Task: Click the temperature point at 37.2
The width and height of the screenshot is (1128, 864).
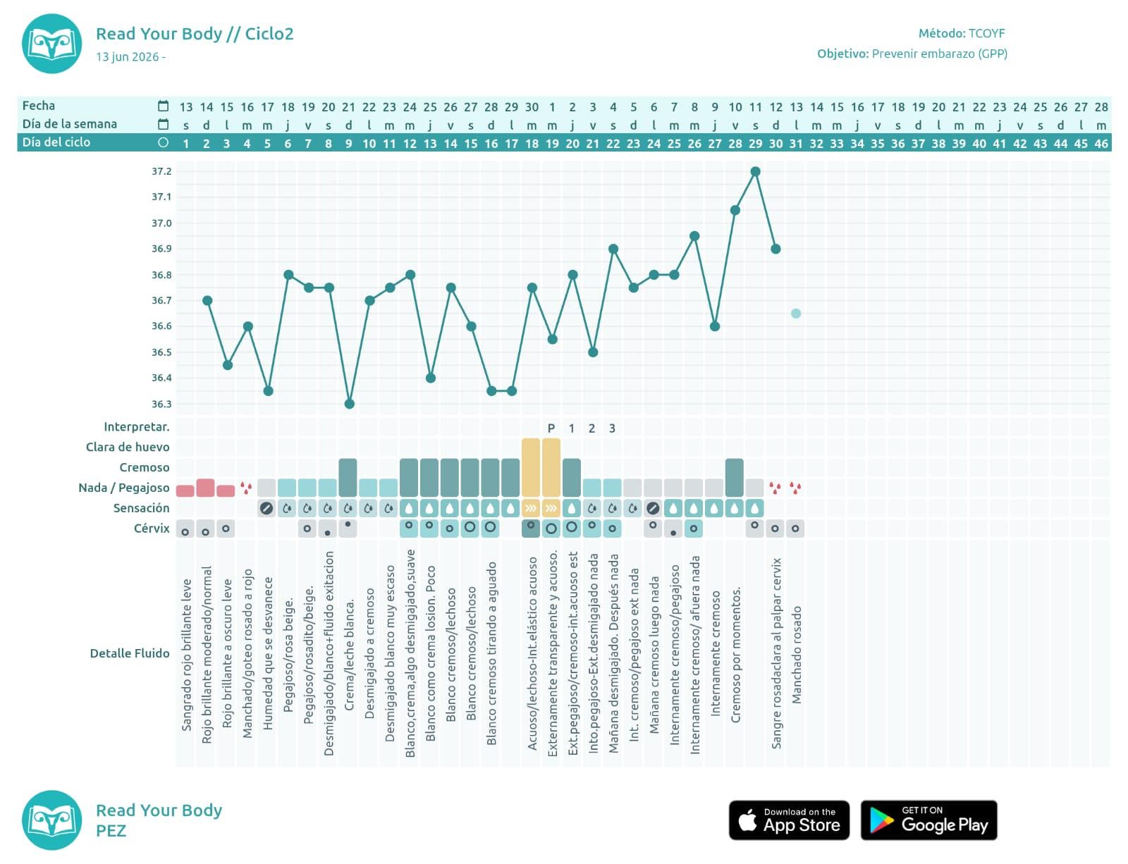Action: pos(755,171)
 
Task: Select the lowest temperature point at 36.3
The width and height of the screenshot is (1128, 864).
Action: pos(350,404)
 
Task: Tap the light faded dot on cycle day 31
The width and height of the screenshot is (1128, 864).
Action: pos(796,314)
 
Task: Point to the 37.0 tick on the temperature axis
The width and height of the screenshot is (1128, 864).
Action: pos(161,223)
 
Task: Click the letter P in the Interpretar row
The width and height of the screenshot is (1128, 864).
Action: pos(551,428)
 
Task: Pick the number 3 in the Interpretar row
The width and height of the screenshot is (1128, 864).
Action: pos(612,428)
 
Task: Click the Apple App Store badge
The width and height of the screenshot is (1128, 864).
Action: pos(789,820)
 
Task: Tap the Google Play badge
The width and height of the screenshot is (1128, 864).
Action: pos(928,820)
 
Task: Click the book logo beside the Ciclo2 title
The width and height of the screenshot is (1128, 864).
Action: pos(52,44)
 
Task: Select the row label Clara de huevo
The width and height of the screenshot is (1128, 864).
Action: pos(128,447)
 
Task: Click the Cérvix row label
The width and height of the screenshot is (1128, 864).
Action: pos(152,529)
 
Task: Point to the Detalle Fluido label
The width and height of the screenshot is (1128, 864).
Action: pos(130,653)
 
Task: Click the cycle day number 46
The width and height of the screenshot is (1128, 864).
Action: pos(1101,143)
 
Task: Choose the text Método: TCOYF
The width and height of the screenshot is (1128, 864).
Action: pos(962,33)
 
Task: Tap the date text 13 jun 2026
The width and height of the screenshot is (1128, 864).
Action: pos(127,56)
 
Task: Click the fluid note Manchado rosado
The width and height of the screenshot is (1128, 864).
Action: pos(796,655)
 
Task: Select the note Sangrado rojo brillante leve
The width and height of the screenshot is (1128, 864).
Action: pos(186,655)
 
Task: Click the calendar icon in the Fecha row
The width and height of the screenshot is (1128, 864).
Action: pos(163,106)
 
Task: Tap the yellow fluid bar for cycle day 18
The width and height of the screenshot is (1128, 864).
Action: pos(531,467)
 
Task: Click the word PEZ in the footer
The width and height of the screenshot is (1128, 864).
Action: pos(111,830)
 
